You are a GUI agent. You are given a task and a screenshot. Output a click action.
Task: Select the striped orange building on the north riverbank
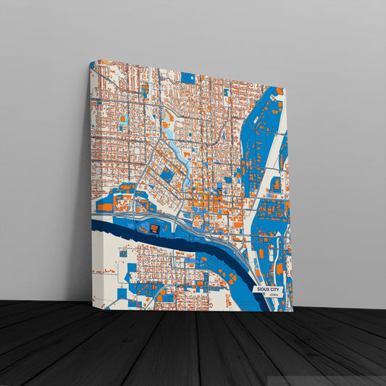(154, 228)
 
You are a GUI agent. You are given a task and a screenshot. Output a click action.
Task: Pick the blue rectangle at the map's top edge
(188, 77)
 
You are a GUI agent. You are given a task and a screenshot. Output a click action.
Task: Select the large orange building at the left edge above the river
(105, 206)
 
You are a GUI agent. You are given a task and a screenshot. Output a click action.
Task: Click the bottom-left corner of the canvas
(92, 299)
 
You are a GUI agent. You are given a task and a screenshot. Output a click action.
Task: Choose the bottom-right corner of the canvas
(293, 311)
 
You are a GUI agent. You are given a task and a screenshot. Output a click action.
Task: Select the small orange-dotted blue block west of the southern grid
(131, 276)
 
